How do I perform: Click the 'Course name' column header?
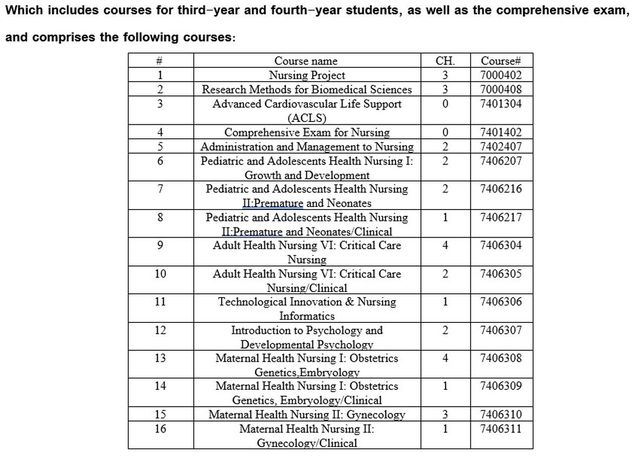[306, 61]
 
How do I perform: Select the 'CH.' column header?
[445, 61]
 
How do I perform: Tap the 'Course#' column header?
[501, 61]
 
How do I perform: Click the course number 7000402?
[501, 76]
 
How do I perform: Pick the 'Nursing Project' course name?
[307, 76]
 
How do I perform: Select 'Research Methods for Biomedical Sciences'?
[307, 90]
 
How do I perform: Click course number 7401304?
[501, 104]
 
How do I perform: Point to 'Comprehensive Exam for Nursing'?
[307, 132]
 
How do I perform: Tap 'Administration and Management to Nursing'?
[307, 146]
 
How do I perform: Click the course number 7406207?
[501, 160]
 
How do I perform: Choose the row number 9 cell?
[160, 245]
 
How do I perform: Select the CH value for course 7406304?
[445, 245]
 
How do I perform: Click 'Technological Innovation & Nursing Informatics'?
[307, 309]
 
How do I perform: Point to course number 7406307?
[501, 330]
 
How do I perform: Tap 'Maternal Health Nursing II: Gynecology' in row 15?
[307, 415]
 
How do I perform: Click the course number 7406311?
[501, 429]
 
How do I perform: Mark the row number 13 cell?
[160, 358]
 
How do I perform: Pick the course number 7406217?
[501, 217]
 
